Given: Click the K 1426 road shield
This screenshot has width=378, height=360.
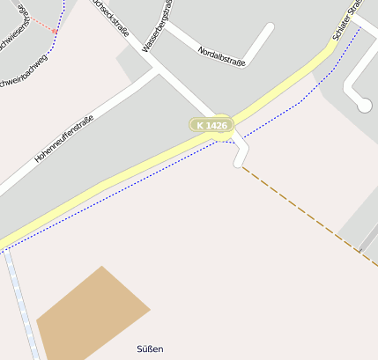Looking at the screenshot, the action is [211, 126].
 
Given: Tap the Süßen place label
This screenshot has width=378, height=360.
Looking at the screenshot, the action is [151, 349].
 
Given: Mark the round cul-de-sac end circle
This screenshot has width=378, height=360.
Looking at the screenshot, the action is [364, 105].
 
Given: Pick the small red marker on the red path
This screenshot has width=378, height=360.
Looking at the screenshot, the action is [55, 31].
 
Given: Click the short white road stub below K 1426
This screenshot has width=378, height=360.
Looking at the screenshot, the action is [239, 153].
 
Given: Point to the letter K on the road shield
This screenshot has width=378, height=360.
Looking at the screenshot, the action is [200, 126].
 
